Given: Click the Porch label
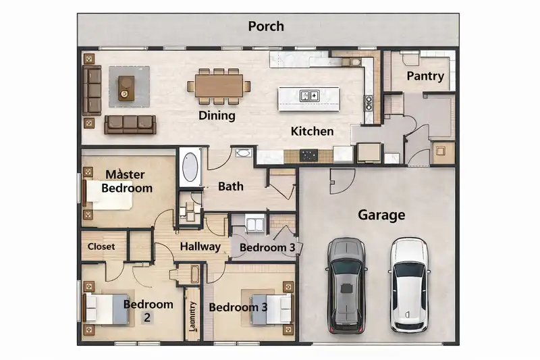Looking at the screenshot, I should pos(265,27).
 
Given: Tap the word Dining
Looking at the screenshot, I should pos(217,115).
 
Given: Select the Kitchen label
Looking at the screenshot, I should pos(312,131).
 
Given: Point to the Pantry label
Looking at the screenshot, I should pos(425,76).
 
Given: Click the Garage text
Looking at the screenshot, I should pos(381,215).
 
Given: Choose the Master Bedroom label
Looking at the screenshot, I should pos(126,182).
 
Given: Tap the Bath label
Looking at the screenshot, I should pos(230,186).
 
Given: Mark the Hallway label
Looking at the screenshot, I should pos(200,247).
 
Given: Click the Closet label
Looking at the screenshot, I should pos(101,247).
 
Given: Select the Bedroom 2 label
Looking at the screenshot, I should pos(148,311).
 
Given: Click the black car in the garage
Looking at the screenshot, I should pos(346,285).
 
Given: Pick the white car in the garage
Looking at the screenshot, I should pos(409,285).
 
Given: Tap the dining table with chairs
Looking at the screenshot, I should pos(219,86).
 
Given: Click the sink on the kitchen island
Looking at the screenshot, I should pos(310,97).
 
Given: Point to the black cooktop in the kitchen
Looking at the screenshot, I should pos(309,155).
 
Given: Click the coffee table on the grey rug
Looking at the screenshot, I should pos(126,87).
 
